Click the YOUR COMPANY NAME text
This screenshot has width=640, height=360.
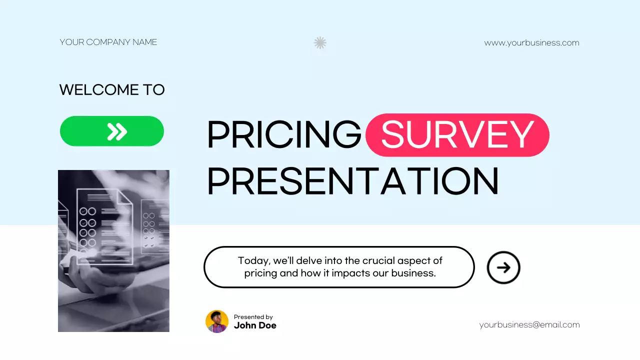108,42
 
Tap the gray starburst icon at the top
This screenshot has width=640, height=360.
320,43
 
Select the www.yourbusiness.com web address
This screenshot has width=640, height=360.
531,43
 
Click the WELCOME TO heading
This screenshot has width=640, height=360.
112,90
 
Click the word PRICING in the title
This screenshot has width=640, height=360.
283,135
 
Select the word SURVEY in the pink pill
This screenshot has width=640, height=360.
457,135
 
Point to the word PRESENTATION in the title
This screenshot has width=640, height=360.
352,181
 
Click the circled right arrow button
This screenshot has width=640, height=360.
503,267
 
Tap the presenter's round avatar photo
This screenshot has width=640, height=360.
217,321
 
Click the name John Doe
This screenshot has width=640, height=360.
255,325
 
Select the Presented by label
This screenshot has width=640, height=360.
253,317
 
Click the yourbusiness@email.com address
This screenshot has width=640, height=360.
529,325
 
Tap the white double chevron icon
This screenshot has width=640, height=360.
117,131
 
